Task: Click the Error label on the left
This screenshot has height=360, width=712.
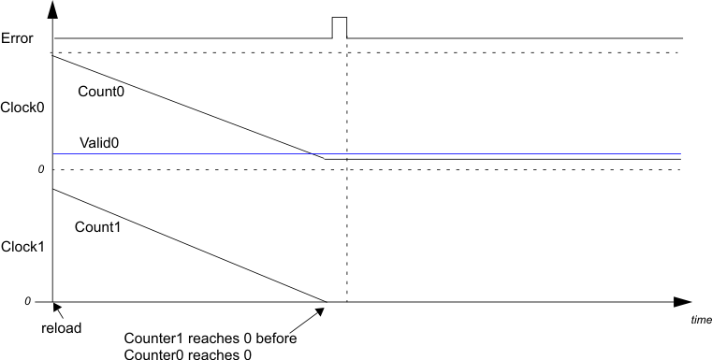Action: click(19, 38)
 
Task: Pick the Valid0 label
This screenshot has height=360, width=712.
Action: click(99, 143)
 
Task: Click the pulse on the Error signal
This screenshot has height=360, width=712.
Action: click(340, 26)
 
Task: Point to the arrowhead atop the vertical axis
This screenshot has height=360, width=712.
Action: click(53, 10)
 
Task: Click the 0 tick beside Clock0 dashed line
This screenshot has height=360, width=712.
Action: click(41, 169)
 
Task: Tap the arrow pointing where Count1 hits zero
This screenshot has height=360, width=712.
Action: click(320, 310)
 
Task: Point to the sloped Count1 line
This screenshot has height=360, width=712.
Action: click(187, 245)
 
